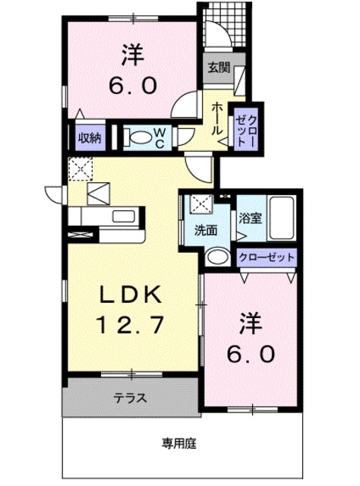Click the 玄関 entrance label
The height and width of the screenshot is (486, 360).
pyautogui.click(x=219, y=68)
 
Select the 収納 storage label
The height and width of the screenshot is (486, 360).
pyautogui.click(x=89, y=137)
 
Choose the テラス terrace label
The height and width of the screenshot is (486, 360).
pyautogui.click(x=130, y=398)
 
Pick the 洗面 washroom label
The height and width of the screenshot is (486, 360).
pyautogui.click(x=204, y=228)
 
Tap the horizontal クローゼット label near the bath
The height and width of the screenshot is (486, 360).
pyautogui.click(x=267, y=257)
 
